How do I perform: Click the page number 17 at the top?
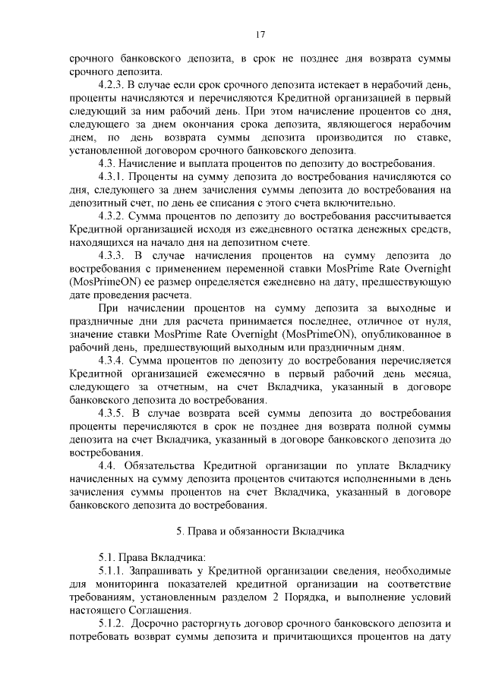(260, 34)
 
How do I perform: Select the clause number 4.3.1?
(112, 175)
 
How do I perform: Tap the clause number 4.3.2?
(112, 216)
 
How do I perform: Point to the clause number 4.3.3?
(114, 257)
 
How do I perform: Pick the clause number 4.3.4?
(112, 359)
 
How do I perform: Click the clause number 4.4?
(109, 465)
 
